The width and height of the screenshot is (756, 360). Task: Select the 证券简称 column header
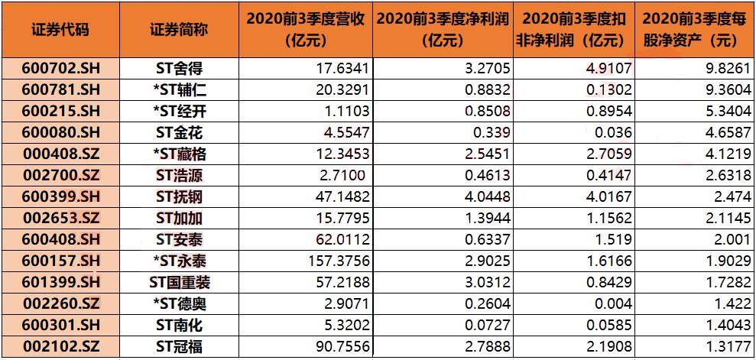coord(179,30)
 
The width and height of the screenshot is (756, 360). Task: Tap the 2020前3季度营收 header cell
coord(308,30)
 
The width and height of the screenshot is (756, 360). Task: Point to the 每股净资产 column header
coord(694,30)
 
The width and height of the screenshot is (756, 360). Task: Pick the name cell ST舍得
coord(179,67)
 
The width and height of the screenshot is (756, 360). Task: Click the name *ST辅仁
coord(179,89)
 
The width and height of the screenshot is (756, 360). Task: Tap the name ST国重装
coord(179,282)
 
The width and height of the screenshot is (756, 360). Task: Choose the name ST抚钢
coord(179,196)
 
